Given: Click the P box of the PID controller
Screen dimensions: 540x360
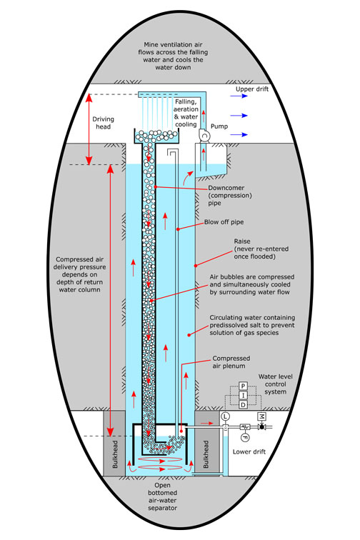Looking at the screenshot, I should point(243,386).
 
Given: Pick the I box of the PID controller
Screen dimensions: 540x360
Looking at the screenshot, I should point(243,395).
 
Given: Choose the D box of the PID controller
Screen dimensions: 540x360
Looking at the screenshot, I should point(243,404).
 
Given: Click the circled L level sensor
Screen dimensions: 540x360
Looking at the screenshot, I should point(226,416).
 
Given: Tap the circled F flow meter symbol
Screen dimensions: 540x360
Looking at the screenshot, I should point(245,436).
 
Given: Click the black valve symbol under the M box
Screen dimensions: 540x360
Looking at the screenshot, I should point(262,427).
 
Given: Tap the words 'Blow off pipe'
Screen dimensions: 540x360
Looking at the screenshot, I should point(224,221).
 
